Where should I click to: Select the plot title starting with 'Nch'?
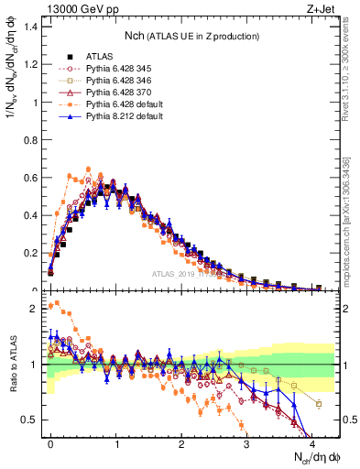pyautogui.click(x=191, y=36)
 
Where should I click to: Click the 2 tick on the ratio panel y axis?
pyautogui.click(x=35, y=309)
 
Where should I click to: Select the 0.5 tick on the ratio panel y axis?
pyautogui.click(x=30, y=420)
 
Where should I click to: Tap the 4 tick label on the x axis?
pyautogui.click(x=311, y=442)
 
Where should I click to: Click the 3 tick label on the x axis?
pyautogui.click(x=246, y=442)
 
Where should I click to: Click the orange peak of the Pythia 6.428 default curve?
pyautogui.click(x=88, y=169)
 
